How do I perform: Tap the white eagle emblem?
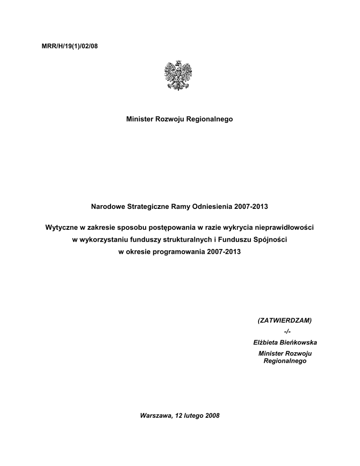(178, 75)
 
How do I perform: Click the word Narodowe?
(108, 207)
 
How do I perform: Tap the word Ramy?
(180, 207)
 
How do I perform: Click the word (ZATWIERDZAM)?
(285, 320)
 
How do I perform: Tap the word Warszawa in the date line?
(155, 415)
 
